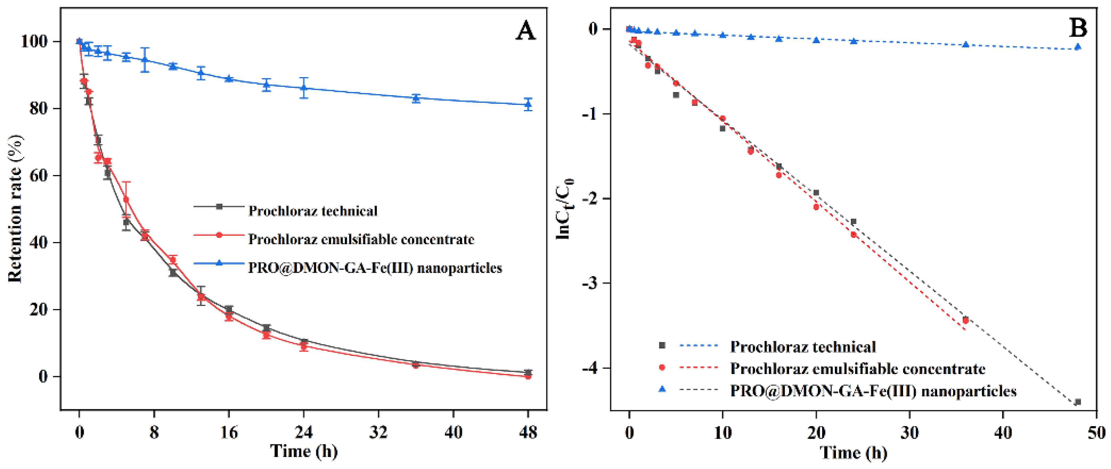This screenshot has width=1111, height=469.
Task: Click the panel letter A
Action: click(525, 31)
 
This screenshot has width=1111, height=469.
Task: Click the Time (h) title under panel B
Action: click(853, 453)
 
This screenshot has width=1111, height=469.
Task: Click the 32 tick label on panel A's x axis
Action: click(378, 432)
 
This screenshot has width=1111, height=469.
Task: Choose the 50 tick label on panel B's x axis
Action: click(1096, 432)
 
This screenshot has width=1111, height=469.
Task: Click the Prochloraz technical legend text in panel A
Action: click(313, 211)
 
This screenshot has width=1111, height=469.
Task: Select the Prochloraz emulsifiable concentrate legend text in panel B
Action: click(857, 369)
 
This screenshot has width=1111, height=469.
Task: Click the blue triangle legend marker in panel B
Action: click(662, 389)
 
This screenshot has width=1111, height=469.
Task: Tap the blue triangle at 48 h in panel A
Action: click(528, 104)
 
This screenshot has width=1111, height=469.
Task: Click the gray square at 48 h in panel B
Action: click(1078, 402)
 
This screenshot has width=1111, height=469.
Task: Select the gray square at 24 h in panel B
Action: click(853, 222)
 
